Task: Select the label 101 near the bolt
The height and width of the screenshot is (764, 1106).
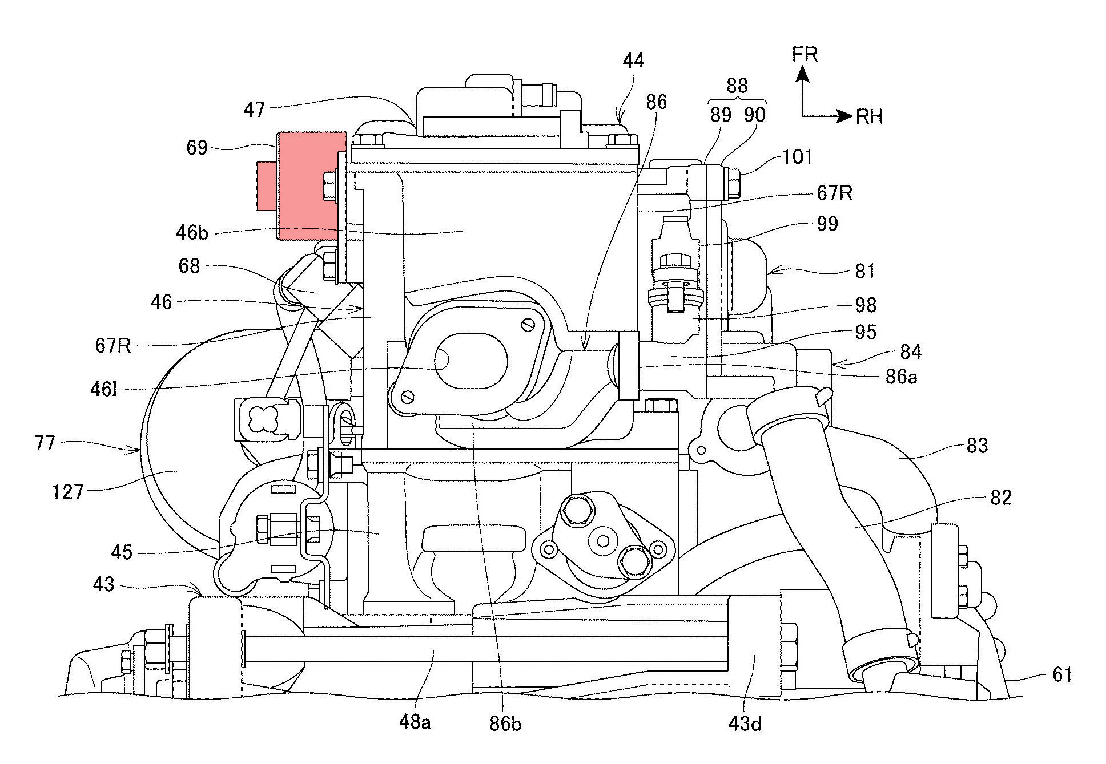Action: point(797,157)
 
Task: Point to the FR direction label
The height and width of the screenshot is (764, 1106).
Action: point(805,55)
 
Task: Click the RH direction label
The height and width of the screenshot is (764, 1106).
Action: point(869,117)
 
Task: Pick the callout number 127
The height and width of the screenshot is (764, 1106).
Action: point(68,492)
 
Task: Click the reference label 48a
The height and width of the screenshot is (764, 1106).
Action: point(415,722)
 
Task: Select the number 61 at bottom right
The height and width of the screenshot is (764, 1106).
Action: point(1062,675)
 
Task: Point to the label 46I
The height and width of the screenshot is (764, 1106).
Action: point(104,390)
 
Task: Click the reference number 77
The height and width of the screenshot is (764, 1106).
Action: point(45,443)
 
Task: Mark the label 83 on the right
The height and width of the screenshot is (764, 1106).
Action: point(977,446)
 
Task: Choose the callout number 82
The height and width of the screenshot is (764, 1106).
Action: point(1001,498)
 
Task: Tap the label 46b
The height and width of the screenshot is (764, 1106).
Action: point(192,232)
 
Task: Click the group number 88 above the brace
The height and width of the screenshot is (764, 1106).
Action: point(737,86)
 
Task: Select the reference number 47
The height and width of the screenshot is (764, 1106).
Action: point(255,109)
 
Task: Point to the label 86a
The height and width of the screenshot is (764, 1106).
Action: point(900,377)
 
